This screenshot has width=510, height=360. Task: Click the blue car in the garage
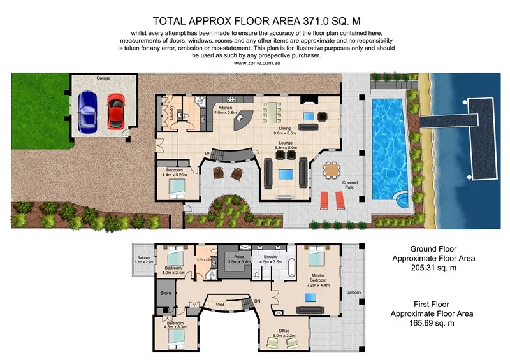pyautogui.click(x=87, y=113)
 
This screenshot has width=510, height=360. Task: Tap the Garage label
pyautogui.click(x=103, y=78)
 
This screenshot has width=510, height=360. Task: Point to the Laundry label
pyautogui.click(x=171, y=113)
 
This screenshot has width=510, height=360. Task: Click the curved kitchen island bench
pyautogui.click(x=245, y=121)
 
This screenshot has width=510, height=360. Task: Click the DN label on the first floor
pyautogui.click(x=257, y=301)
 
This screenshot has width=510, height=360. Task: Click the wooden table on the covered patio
pyautogui.click(x=331, y=170)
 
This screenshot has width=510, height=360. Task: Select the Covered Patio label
pyautogui.click(x=350, y=185)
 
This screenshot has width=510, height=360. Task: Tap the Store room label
pyautogui.click(x=166, y=294)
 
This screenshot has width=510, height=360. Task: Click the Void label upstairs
pyautogui.click(x=221, y=304)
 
